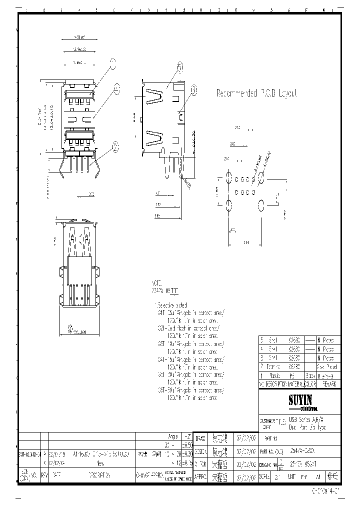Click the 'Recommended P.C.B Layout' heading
click(256, 93)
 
